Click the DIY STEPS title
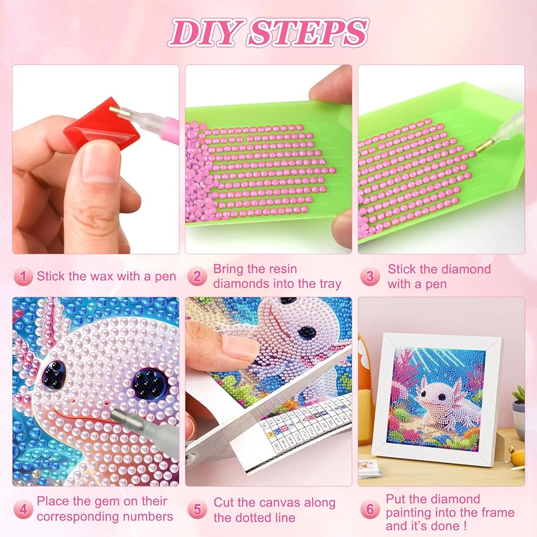pos(268,33)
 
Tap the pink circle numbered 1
pos(23,277)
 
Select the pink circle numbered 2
pos(197,277)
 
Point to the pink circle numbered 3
pos(370,277)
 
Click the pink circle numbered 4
pos(23,509)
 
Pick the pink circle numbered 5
pos(197,509)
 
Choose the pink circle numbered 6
pos(370,509)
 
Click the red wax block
pos(102,126)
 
